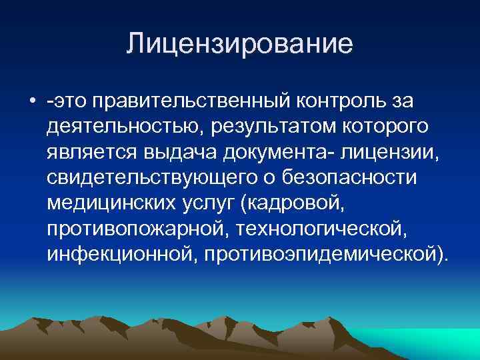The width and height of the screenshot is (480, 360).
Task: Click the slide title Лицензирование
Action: click(x=239, y=45)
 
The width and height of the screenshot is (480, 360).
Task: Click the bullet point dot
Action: click(x=32, y=101)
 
